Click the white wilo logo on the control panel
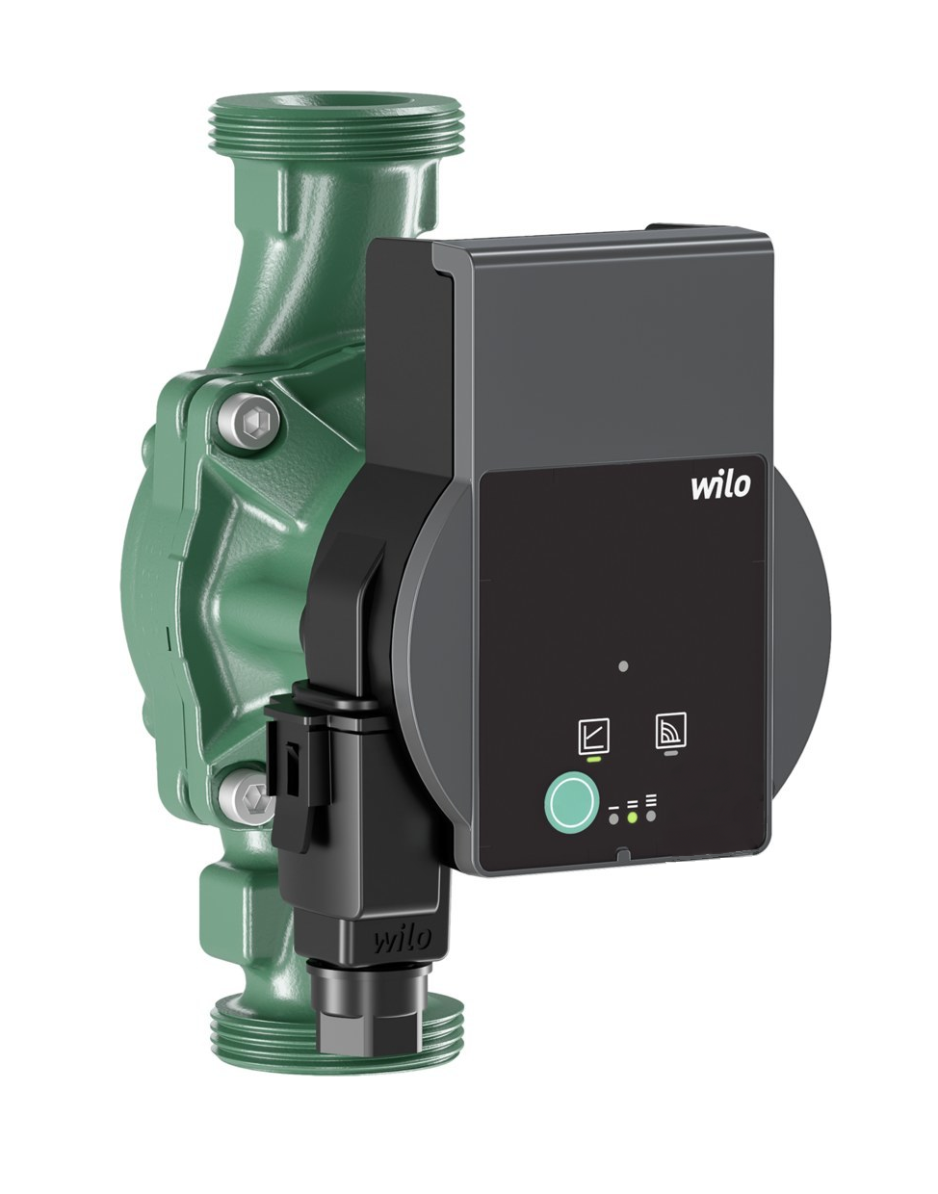[x=718, y=486]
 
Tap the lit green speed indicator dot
[x=632, y=818]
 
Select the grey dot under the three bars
[x=651, y=818]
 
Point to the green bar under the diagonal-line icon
[x=591, y=759]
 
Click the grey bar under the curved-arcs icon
[x=667, y=754]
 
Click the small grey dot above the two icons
[x=623, y=666]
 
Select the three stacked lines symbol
[x=651, y=799]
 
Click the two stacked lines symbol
[x=633, y=801]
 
